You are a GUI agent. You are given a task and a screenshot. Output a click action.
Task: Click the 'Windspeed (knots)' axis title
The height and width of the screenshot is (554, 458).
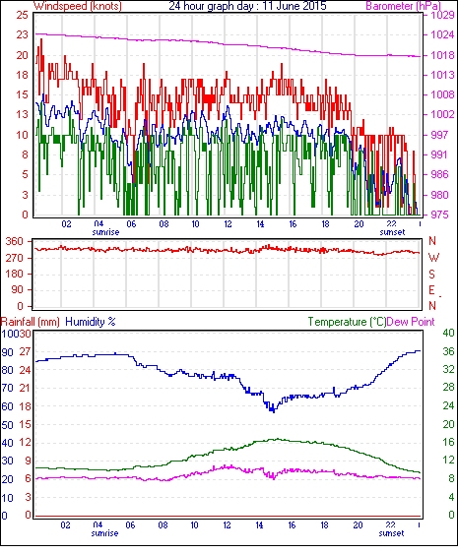[x=78, y=6]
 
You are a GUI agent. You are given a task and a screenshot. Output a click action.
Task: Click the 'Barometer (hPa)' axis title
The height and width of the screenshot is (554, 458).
[x=403, y=6]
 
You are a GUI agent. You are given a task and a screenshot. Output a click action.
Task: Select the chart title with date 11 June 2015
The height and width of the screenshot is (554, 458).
[x=247, y=6]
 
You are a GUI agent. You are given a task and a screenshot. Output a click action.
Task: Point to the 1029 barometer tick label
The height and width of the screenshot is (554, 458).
[x=442, y=15]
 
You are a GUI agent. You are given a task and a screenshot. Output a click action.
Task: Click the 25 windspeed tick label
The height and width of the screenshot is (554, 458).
[x=22, y=15]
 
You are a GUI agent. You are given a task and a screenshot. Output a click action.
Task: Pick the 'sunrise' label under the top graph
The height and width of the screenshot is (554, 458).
[x=105, y=232]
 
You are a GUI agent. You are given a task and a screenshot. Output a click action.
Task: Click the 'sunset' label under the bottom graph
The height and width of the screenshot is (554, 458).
[x=391, y=533]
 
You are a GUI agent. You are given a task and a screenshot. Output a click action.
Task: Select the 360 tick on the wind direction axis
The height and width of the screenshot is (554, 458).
[x=15, y=241]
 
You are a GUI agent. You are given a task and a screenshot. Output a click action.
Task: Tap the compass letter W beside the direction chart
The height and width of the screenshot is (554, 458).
[x=433, y=258]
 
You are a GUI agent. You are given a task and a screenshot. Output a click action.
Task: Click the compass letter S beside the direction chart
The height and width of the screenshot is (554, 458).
[x=431, y=274]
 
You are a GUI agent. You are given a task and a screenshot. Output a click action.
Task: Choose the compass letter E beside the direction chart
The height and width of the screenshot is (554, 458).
[x=431, y=290]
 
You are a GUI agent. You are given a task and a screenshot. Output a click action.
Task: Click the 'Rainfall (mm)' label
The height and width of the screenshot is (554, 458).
[x=31, y=322]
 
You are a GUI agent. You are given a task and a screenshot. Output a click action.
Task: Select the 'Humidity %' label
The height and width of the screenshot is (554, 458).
[x=91, y=322]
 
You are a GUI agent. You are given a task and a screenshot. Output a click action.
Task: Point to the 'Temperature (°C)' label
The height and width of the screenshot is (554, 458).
[x=347, y=322]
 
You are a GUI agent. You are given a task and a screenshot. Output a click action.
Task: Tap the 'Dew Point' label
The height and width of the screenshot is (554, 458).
[x=411, y=322]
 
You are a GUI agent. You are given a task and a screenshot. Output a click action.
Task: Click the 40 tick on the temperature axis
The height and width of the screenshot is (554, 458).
[x=449, y=333]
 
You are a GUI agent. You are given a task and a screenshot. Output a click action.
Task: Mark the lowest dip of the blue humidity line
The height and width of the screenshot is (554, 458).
[x=273, y=411]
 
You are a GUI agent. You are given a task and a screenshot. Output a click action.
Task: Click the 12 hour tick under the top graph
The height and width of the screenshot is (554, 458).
[x=228, y=223]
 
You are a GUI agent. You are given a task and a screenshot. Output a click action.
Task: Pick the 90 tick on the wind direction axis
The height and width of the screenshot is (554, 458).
[x=18, y=290]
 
